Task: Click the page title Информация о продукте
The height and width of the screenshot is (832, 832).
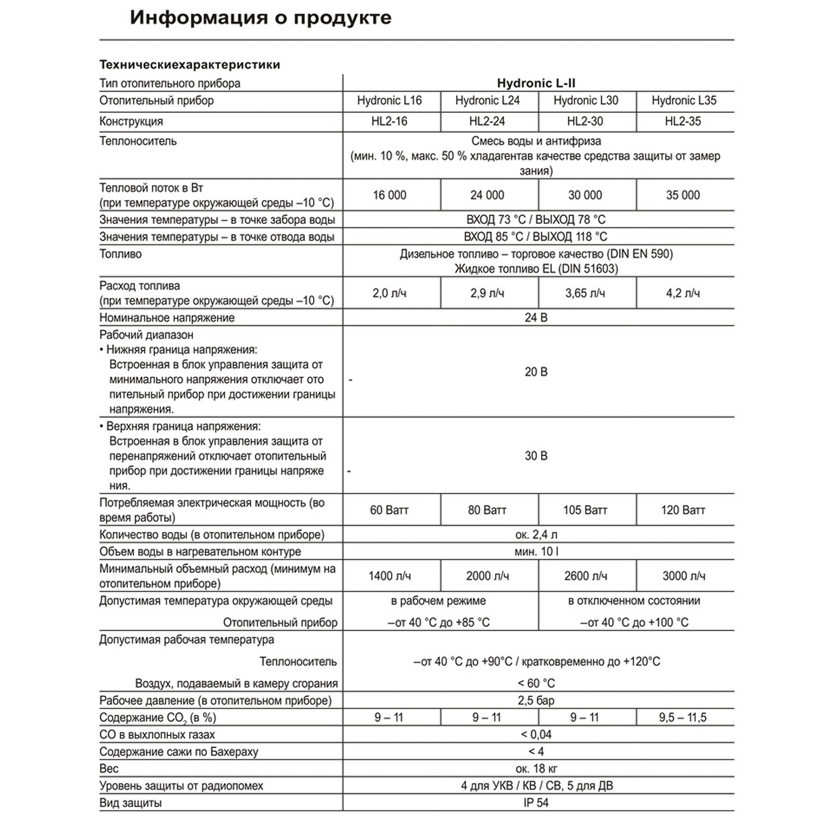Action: click(260, 18)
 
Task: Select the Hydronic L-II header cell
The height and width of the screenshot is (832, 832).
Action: click(536, 83)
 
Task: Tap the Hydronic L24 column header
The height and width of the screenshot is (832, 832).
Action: click(488, 101)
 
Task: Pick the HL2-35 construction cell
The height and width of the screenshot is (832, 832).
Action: click(683, 121)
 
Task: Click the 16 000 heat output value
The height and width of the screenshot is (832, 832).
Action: click(389, 195)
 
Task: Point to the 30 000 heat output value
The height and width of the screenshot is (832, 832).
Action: click(585, 195)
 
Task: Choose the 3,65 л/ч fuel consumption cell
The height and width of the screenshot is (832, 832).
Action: click(585, 293)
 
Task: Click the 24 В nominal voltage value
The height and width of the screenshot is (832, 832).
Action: click(536, 318)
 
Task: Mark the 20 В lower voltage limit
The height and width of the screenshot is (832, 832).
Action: click(536, 372)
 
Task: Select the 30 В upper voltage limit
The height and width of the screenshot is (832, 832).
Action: click(536, 456)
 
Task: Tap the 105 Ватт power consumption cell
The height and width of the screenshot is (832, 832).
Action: click(585, 510)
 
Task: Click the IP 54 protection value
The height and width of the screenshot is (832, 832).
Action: click(536, 803)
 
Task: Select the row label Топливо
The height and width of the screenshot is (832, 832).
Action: click(121, 254)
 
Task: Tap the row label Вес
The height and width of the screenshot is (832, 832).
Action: click(109, 769)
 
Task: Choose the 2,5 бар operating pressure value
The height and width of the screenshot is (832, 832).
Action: click(536, 701)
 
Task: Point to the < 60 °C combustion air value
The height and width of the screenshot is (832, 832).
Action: click(536, 683)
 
